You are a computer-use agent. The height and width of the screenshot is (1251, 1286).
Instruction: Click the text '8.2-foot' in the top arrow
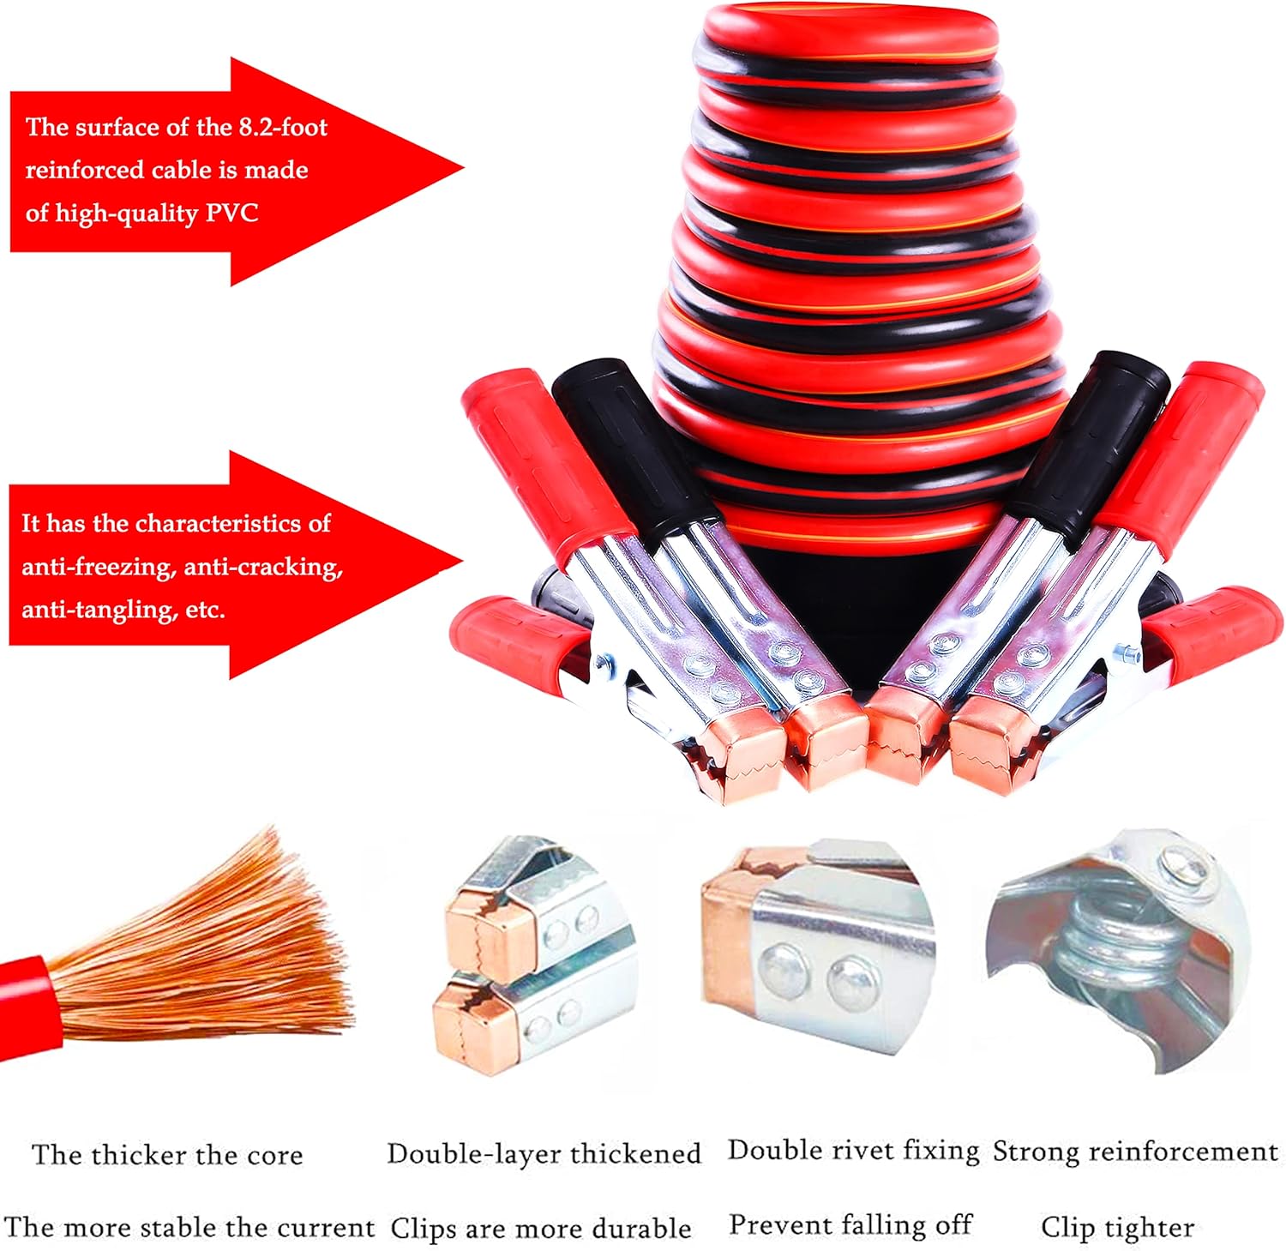click(x=283, y=128)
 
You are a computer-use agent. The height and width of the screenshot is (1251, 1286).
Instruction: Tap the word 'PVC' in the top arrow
click(x=231, y=213)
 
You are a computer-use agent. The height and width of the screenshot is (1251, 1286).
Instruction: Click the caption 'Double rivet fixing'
click(x=853, y=1150)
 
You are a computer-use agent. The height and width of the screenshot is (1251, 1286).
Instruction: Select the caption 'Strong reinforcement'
click(x=1135, y=1151)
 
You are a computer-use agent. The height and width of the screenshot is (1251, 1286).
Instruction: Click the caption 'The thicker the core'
click(x=167, y=1155)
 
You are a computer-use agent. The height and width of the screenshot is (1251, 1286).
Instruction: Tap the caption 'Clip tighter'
click(x=1117, y=1227)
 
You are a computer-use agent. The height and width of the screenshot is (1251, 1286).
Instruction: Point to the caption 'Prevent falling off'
click(x=850, y=1224)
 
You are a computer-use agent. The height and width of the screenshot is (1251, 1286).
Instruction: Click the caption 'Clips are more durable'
click(x=540, y=1228)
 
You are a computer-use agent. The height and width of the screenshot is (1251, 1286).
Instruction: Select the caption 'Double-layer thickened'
click(x=544, y=1153)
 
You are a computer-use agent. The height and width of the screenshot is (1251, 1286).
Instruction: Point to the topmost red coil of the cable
click(x=849, y=34)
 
